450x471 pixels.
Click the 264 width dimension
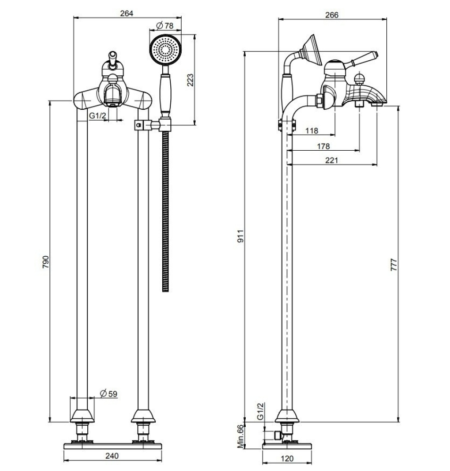pyautogui.click(x=127, y=13)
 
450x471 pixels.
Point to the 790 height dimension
pyautogui.click(x=46, y=261)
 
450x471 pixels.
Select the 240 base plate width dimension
pyautogui.click(x=112, y=455)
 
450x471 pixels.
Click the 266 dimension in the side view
pyautogui.click(x=332, y=15)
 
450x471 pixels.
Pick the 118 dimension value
pyautogui.click(x=311, y=130)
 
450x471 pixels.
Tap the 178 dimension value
pyautogui.click(x=323, y=146)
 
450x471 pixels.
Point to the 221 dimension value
pyautogui.click(x=332, y=161)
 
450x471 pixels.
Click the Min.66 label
pyautogui.click(x=240, y=436)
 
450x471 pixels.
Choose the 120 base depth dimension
pyautogui.click(x=287, y=458)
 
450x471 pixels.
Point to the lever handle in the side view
pyautogui.click(x=363, y=58)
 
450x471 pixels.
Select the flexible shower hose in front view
pyautogui.click(x=165, y=212)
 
